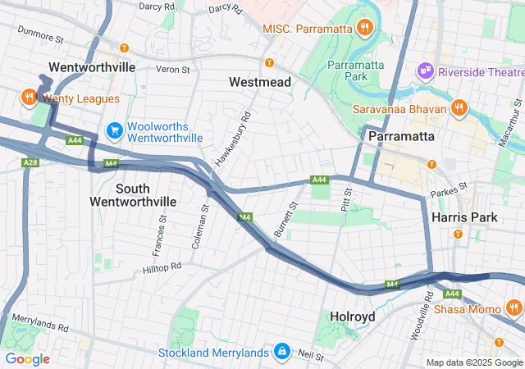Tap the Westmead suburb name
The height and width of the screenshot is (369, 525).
click(260, 83)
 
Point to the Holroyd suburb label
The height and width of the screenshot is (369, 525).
click(352, 316)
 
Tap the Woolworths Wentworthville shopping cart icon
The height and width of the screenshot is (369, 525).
click(114, 130)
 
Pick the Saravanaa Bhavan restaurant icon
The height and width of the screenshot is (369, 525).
click(459, 108)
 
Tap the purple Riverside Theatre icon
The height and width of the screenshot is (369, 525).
click(425, 71)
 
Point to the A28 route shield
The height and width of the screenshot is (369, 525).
click(30, 163)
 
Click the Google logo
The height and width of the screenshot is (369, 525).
click(27, 359)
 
